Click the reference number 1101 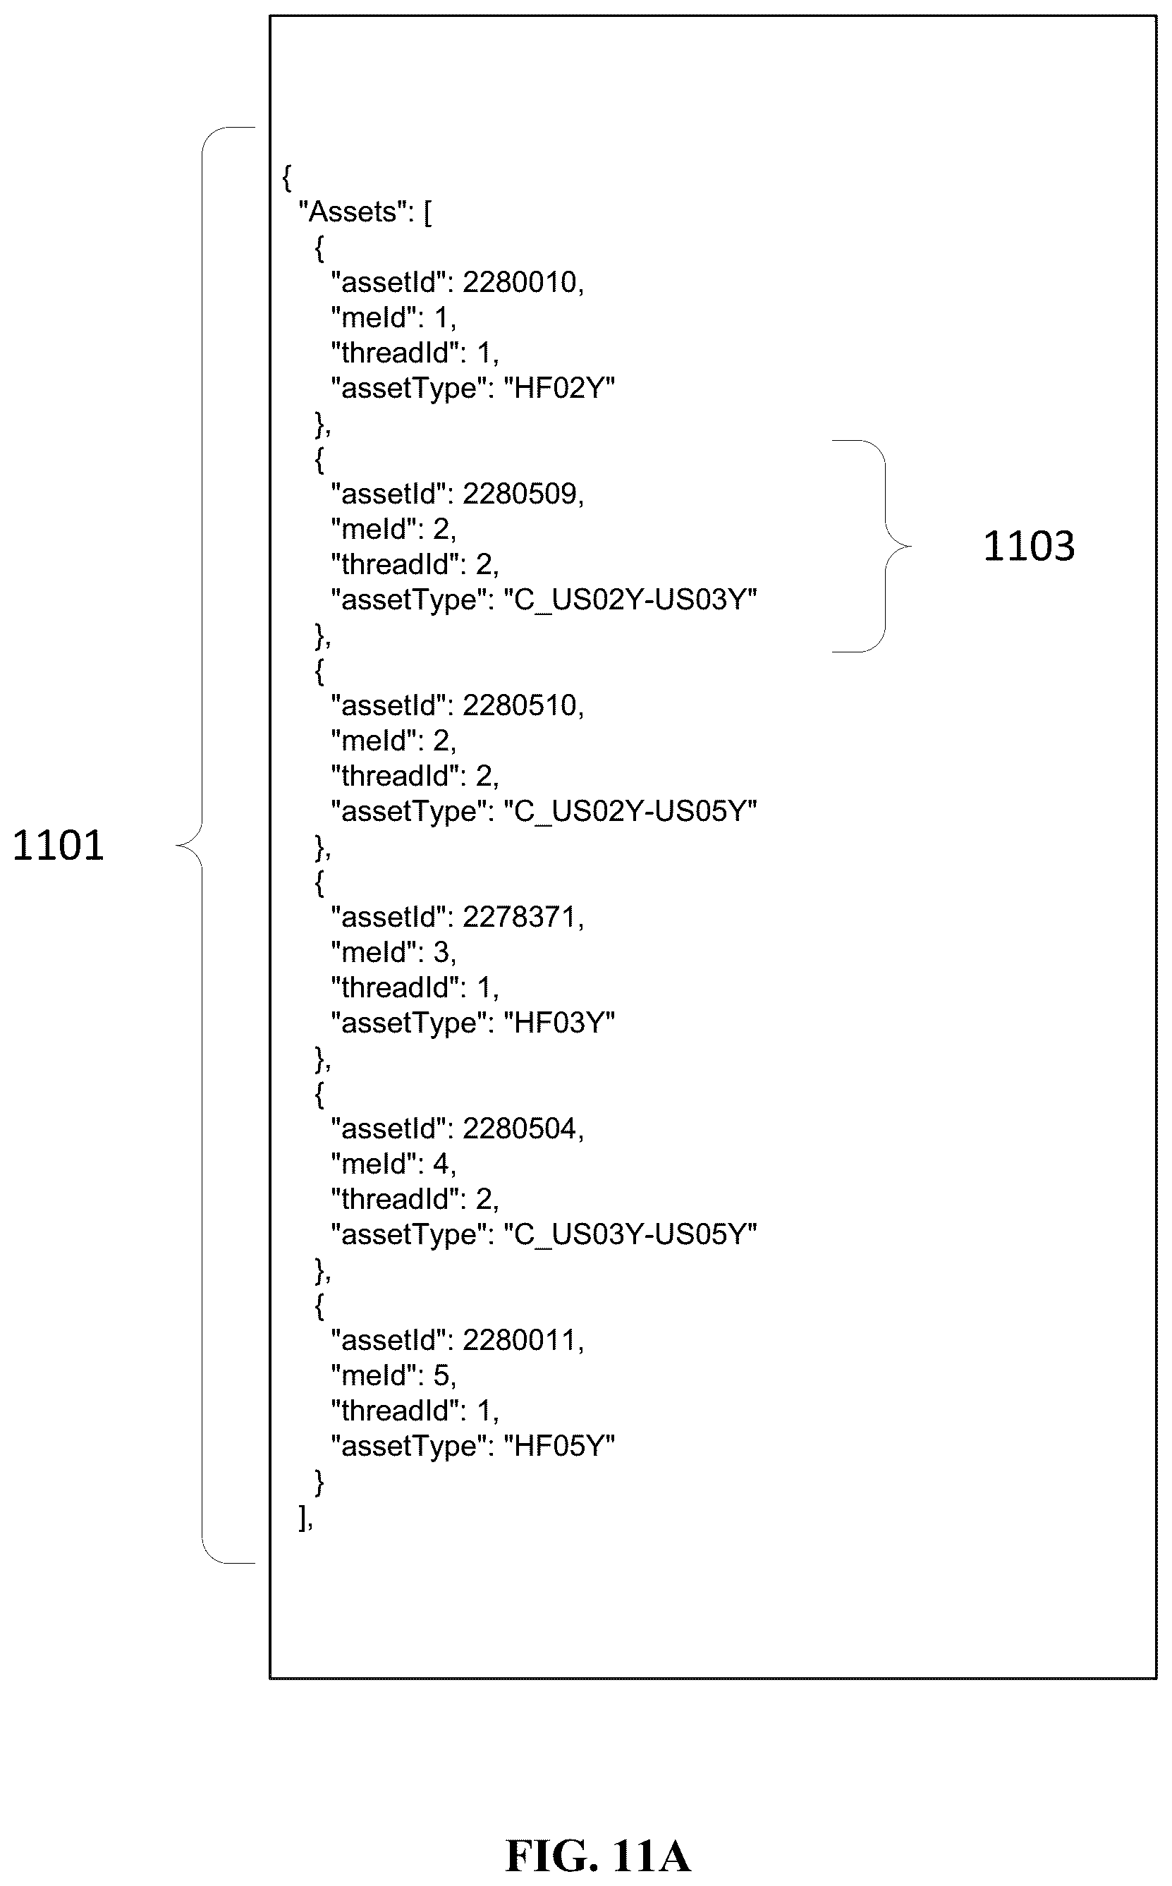click(58, 845)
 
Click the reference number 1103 click(1029, 546)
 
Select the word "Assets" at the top click(353, 212)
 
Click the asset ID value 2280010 click(519, 282)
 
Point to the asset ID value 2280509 click(519, 494)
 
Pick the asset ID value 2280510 click(519, 705)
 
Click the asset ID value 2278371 click(519, 917)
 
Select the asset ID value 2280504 click(519, 1128)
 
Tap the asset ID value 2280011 click(519, 1340)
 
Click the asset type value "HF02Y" click(559, 388)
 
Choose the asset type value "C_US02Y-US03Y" click(630, 600)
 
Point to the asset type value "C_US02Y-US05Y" click(630, 811)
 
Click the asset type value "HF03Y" click(559, 1023)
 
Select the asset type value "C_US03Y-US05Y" click(630, 1234)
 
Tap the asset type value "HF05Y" click(559, 1446)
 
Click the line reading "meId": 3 click(393, 953)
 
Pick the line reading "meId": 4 click(393, 1164)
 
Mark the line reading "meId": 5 click(393, 1376)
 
